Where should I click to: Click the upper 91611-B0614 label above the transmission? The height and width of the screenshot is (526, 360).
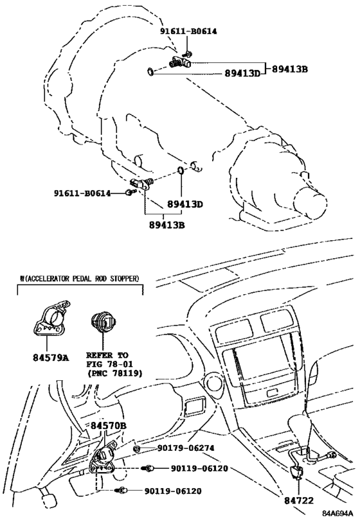[x=183, y=31]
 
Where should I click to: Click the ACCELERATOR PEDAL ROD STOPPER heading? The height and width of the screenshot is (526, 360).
[x=81, y=279]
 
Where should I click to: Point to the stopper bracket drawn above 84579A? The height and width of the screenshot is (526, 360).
[x=52, y=318]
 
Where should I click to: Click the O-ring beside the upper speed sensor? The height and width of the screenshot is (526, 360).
[x=149, y=71]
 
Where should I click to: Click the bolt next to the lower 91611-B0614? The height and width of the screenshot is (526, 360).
[x=129, y=193]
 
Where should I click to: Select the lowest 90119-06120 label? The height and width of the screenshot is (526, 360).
[x=173, y=491]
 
